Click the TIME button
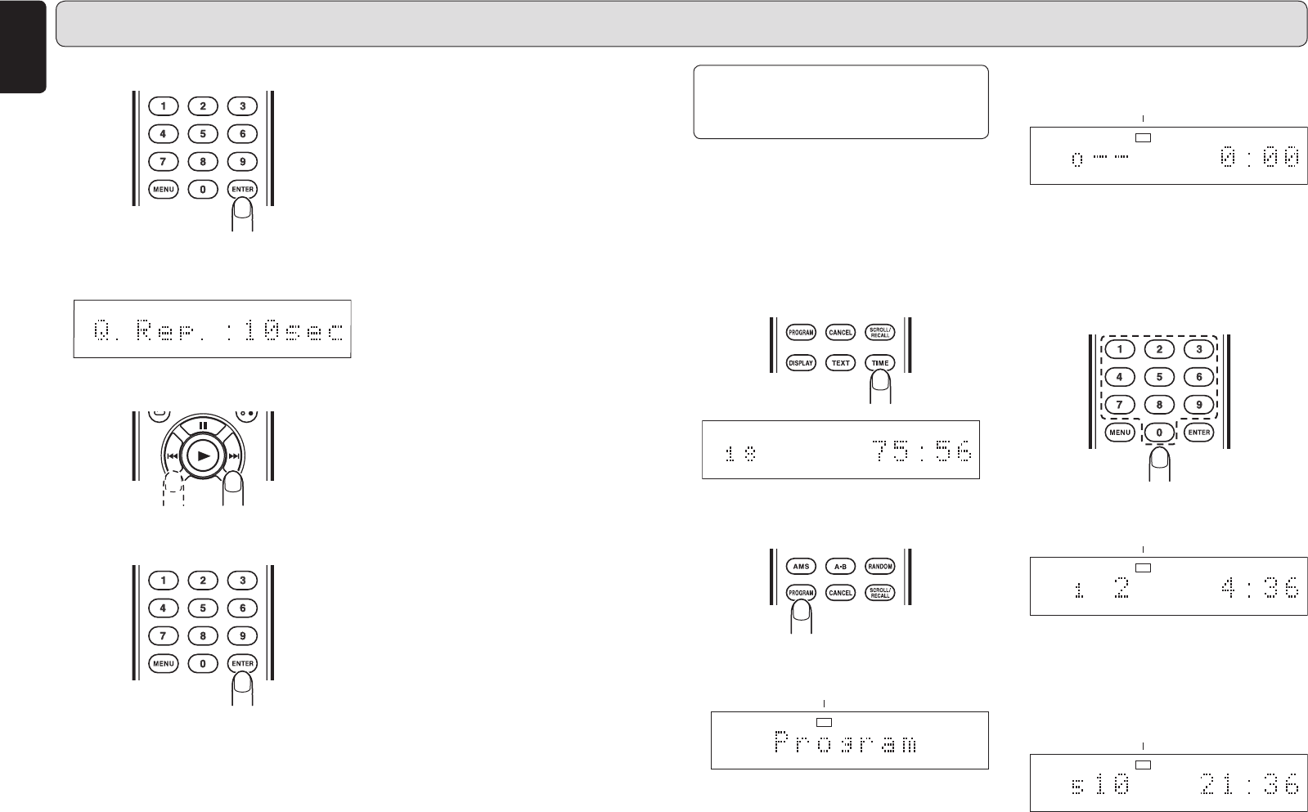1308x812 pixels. (x=879, y=362)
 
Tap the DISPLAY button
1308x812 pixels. (x=801, y=362)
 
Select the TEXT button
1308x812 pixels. (x=840, y=362)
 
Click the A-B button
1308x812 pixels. (x=840, y=566)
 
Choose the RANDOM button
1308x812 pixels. (x=879, y=566)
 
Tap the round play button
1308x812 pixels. (x=204, y=455)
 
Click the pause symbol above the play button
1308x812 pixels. (x=204, y=426)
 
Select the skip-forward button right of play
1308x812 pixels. (x=235, y=456)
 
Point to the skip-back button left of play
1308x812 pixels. (x=173, y=456)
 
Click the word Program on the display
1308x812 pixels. (x=845, y=742)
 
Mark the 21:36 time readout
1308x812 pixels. (x=1249, y=785)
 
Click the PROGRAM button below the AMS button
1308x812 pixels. (x=801, y=592)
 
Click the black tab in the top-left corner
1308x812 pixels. (x=23, y=45)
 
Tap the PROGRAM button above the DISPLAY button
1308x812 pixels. (x=801, y=332)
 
